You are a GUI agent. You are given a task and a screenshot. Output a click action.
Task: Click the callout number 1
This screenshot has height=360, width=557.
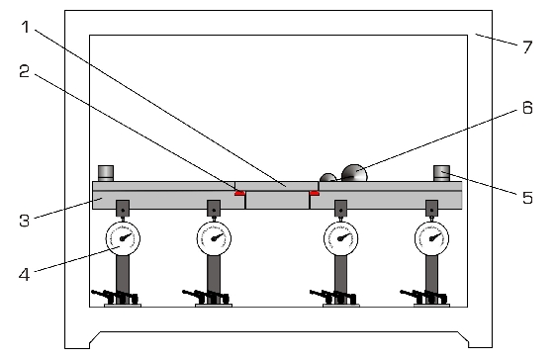click(25, 27)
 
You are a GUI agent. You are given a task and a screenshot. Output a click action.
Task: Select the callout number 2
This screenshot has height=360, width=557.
click(24, 71)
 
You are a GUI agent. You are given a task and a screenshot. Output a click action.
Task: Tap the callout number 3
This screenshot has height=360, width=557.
click(24, 221)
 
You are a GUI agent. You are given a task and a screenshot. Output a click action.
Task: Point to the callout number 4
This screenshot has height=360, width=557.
click(24, 274)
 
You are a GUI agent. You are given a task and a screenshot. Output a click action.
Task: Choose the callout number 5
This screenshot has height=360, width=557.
click(528, 198)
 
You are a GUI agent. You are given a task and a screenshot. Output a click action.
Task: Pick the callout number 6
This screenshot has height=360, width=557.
click(528, 108)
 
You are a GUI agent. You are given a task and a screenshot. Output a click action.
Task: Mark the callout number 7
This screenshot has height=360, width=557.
click(528, 47)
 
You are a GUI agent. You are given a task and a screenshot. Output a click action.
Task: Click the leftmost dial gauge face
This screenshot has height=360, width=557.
click(123, 238)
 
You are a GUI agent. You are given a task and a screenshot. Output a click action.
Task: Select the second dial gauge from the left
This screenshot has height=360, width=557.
click(214, 238)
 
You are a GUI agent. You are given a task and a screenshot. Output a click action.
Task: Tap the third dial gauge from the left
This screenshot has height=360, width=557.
click(340, 238)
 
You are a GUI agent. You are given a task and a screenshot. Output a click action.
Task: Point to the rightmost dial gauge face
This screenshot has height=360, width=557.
click(431, 238)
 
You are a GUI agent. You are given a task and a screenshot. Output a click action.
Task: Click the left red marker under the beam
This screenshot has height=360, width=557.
click(239, 194)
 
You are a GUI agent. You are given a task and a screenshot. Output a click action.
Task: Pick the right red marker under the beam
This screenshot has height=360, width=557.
click(315, 194)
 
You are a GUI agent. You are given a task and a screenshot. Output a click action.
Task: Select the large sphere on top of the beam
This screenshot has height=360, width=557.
click(354, 173)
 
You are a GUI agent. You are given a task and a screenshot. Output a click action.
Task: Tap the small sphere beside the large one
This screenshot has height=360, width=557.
click(327, 177)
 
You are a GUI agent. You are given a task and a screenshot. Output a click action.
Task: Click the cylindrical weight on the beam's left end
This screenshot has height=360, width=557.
click(106, 173)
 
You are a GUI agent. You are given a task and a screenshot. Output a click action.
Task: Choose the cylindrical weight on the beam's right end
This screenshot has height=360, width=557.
click(441, 173)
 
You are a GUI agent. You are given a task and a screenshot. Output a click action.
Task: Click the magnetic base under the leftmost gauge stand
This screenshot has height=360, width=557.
click(123, 305)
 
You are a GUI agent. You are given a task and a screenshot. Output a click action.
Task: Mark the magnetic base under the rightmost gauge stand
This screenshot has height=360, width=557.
click(431, 305)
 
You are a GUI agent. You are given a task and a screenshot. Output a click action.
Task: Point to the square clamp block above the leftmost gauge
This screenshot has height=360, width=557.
click(123, 208)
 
